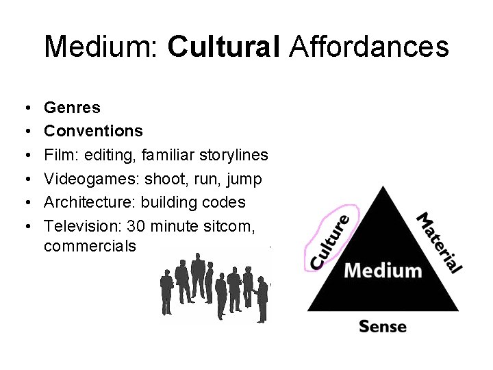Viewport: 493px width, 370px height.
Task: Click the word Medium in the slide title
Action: point(101,47)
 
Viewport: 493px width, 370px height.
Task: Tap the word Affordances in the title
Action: point(369,47)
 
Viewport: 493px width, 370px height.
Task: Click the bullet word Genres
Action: point(72,108)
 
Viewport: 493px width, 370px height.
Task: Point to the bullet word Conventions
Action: point(93,131)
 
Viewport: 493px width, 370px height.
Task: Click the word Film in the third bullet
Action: point(58,155)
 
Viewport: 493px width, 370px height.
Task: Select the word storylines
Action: point(232,155)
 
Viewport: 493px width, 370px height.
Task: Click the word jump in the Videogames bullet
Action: point(244,180)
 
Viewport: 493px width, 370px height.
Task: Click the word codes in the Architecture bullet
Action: point(224,202)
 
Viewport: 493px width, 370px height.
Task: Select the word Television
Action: point(81,226)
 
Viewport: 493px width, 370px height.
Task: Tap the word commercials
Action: point(90,245)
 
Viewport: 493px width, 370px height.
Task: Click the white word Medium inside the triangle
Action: point(383,270)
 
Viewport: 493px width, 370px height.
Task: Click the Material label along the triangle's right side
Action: point(440,243)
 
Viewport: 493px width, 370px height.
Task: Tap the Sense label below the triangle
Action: point(383,325)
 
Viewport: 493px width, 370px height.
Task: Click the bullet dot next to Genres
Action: point(25,108)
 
